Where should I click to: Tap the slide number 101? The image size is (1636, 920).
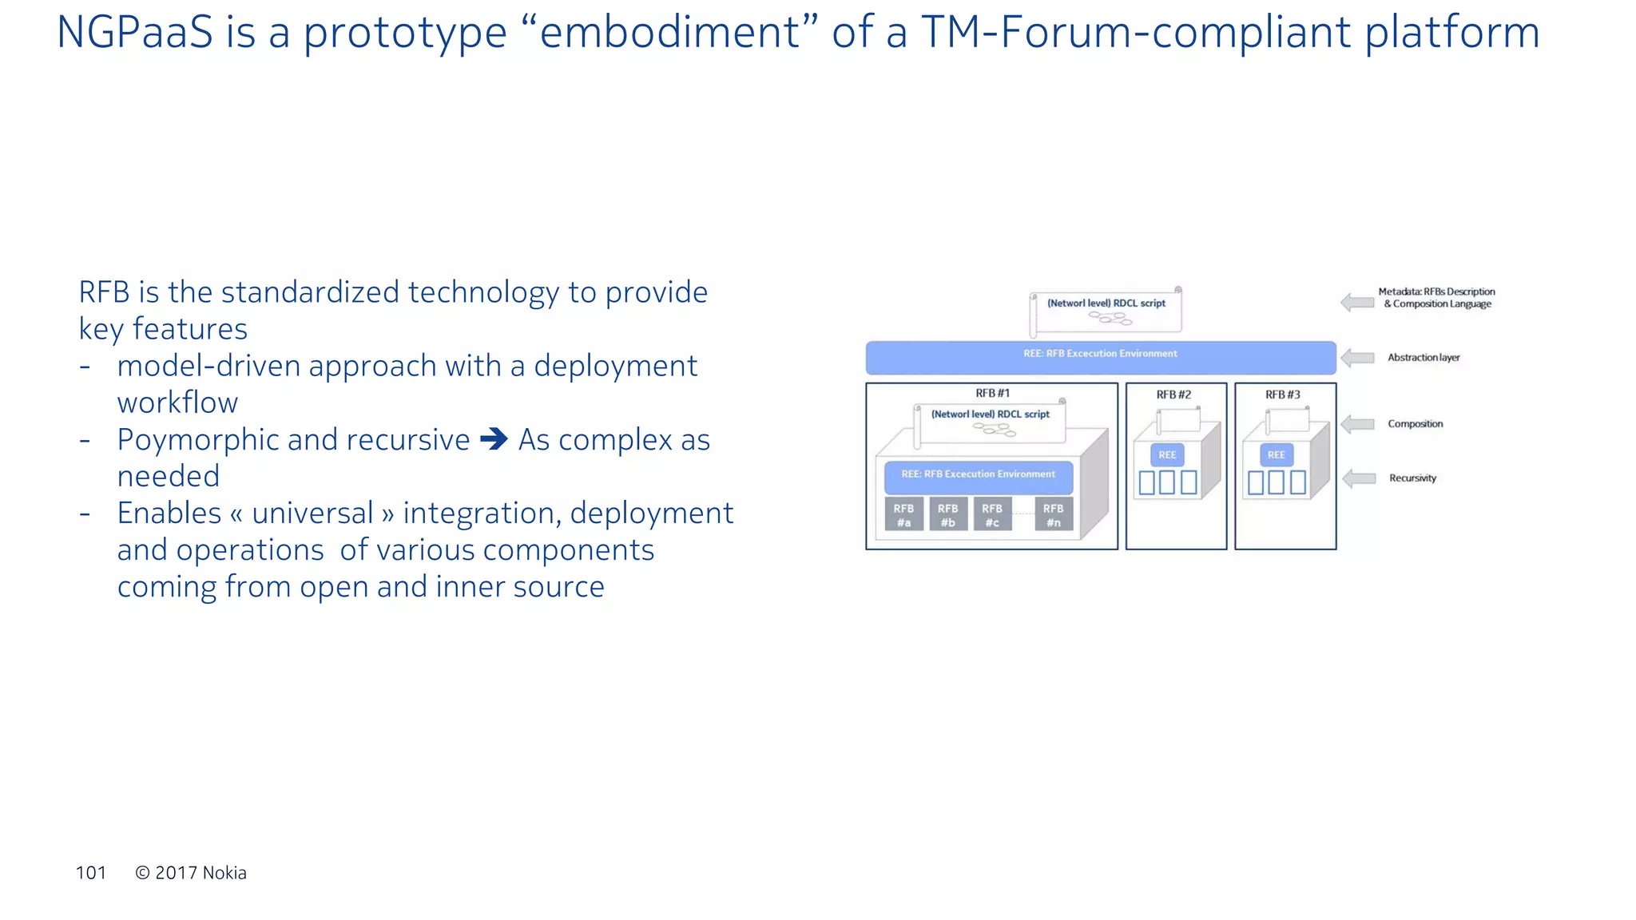coord(91,873)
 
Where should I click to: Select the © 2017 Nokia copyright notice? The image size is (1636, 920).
coord(191,873)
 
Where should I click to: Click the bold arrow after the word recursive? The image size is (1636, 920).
coord(494,439)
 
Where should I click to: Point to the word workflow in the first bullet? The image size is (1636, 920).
coord(177,402)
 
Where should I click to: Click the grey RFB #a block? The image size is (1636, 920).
coord(903,514)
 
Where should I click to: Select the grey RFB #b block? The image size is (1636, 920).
coord(948,514)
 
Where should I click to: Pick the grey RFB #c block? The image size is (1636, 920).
coord(992,514)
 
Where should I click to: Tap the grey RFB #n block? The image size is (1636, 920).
coord(1054,514)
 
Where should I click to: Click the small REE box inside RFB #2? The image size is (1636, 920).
coord(1167,455)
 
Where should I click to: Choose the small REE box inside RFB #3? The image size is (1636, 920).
coord(1277,455)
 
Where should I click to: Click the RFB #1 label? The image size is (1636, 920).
coord(992,393)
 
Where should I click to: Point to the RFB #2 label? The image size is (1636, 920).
coord(1173,395)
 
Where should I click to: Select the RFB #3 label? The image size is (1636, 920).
coord(1282,395)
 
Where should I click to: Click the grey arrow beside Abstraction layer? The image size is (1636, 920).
coord(1357,358)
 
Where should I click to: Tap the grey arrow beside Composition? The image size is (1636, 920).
coord(1357,424)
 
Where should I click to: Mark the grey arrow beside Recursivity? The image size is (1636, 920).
coord(1359,478)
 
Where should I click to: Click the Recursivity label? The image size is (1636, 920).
coord(1412,478)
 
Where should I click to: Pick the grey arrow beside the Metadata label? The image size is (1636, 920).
coord(1357,303)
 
